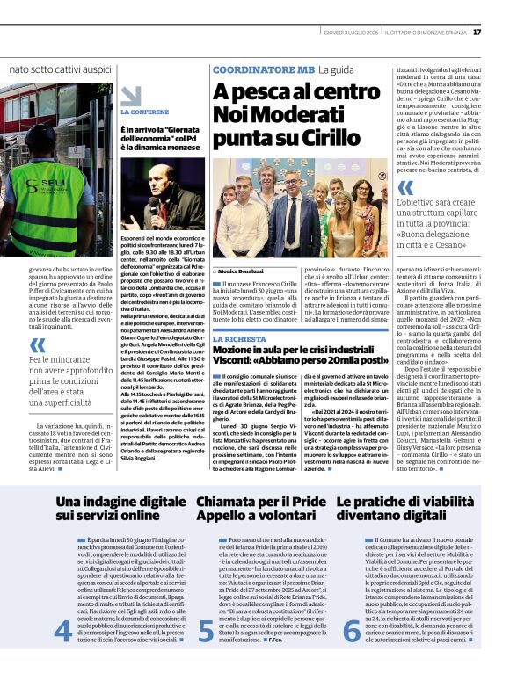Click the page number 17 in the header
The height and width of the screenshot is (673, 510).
(x=501, y=32)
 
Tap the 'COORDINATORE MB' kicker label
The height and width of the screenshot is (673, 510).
(x=264, y=69)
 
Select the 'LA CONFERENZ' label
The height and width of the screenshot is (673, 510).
(x=145, y=112)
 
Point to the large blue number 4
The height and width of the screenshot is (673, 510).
(x=62, y=631)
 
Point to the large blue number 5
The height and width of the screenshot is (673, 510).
(x=205, y=631)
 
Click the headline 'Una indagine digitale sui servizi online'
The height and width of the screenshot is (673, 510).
(x=110, y=510)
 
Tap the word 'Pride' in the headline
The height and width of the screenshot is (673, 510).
(x=302, y=502)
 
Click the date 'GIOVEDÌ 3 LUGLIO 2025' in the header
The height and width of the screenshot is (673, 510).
(x=350, y=32)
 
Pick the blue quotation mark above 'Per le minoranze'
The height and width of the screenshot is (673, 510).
(x=38, y=345)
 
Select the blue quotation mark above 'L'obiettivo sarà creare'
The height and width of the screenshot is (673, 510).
(x=405, y=187)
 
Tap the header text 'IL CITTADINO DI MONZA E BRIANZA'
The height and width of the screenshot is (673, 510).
(x=429, y=32)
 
